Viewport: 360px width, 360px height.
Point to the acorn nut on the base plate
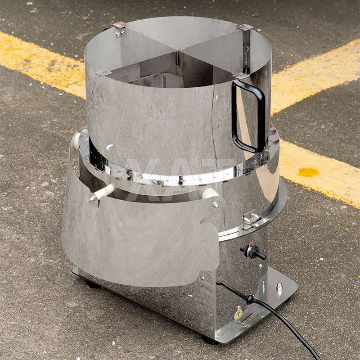coord(279,287)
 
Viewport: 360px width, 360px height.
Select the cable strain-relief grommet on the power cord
coord(249,299)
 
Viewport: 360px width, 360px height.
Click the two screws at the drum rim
coord(120,33)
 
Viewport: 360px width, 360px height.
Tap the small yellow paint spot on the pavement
coord(308,172)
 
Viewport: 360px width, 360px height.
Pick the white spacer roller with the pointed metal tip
coord(101,194)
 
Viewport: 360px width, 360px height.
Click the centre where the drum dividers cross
coord(178,57)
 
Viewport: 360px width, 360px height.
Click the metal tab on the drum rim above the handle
coord(245,27)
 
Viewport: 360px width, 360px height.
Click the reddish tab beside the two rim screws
coord(121,25)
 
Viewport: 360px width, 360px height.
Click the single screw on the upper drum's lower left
coord(109,147)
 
